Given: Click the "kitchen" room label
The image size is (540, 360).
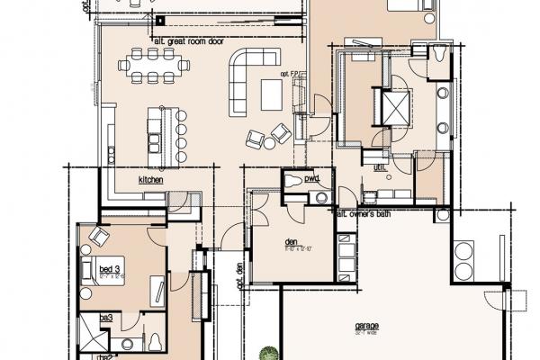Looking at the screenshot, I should click(x=150, y=180).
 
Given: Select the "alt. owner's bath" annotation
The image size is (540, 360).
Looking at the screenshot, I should click(x=368, y=213).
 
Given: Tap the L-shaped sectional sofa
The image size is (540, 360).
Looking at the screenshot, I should click(x=247, y=76).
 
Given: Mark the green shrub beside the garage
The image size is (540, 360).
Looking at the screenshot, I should click(x=267, y=354).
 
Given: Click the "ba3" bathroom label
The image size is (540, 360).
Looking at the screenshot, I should click(x=105, y=318).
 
